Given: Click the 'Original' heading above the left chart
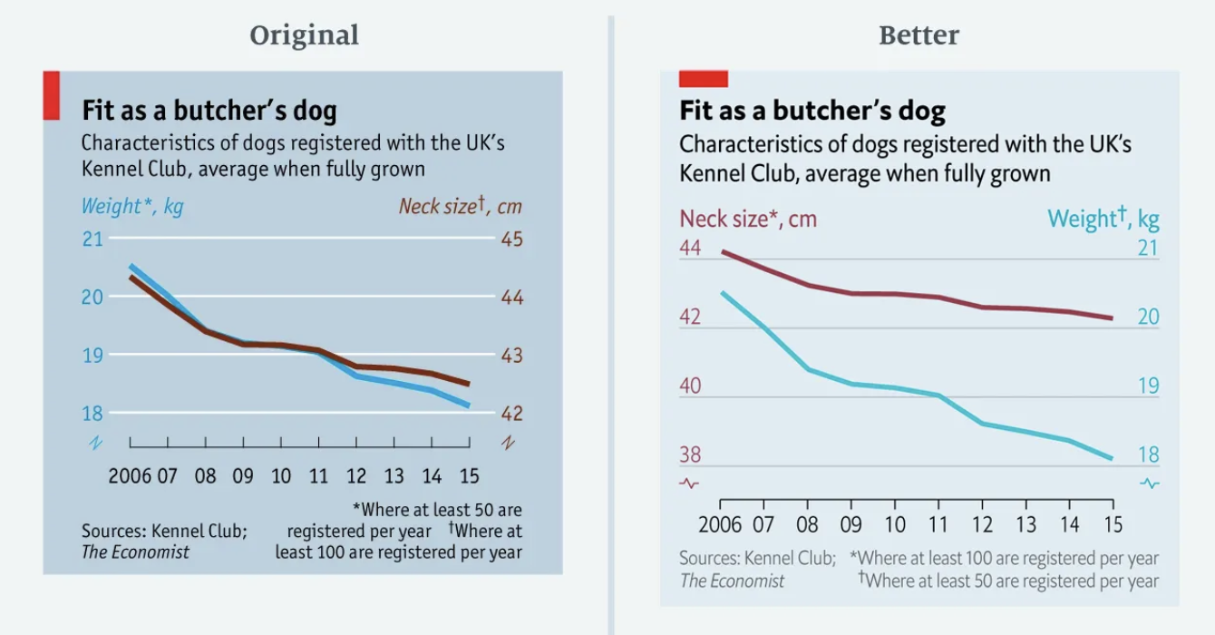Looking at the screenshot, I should (305, 35).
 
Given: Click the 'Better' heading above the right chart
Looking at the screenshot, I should (919, 35).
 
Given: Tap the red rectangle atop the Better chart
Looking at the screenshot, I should (704, 80).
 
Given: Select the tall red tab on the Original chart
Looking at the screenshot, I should (52, 95).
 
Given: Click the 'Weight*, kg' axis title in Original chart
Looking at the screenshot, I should (132, 207).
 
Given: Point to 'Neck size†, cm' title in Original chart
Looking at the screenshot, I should (461, 207).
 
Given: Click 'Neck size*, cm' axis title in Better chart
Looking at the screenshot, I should (748, 219).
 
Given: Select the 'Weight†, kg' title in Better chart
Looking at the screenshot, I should (1103, 219).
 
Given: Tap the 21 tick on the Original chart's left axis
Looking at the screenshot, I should (93, 239).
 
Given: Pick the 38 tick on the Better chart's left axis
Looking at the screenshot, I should (690, 455).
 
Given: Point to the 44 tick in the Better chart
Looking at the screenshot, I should (690, 248).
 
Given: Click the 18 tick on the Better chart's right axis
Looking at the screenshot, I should (1148, 455).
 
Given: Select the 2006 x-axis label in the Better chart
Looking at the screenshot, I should (720, 524).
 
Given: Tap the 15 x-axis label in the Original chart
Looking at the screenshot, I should (468, 476).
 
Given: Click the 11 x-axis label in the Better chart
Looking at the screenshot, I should (938, 524).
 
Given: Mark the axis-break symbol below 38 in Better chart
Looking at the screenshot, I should (690, 484).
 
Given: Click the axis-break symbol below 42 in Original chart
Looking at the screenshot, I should (508, 443).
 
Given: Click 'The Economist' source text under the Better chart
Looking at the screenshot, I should (733, 581).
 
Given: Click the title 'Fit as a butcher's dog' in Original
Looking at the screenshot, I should (209, 111).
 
